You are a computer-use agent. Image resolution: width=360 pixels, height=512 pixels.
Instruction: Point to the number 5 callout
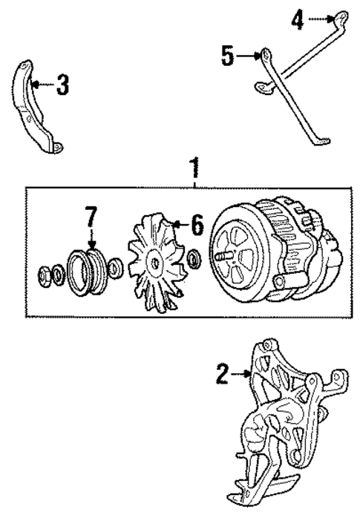click(228, 55)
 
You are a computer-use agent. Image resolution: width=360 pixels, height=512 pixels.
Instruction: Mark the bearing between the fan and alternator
click(194, 259)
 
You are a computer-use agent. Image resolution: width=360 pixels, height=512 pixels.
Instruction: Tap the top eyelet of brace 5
click(264, 54)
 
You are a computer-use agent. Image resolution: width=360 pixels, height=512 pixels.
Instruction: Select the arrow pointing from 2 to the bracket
click(242, 376)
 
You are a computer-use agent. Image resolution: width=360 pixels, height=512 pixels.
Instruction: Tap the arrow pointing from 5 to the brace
click(247, 55)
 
